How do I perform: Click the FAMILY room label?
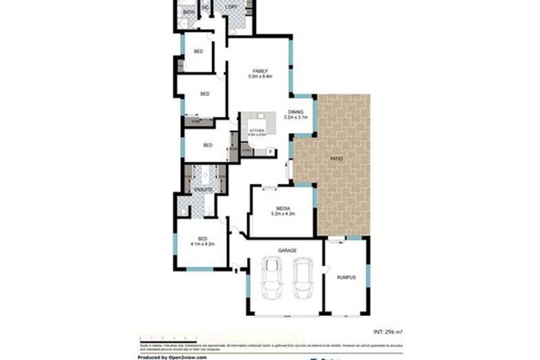tap(261, 71)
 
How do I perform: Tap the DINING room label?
tap(295, 111)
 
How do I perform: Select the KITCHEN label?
tap(257, 130)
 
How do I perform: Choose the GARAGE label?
tap(286, 250)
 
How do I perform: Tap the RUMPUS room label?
tap(346, 278)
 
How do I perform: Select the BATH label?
tap(189, 12)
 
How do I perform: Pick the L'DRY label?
tap(232, 8)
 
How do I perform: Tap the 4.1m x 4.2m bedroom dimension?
tap(202, 244)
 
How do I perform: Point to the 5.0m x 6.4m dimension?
tap(260, 77)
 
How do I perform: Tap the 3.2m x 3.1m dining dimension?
tap(295, 117)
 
